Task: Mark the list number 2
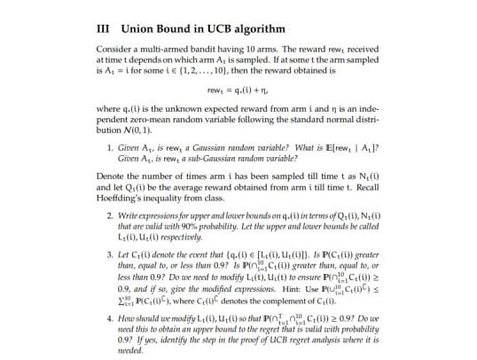pyautogui.click(x=107, y=216)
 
